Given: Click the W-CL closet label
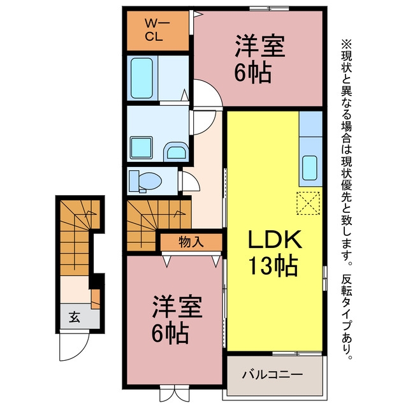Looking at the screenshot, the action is coord(157,30).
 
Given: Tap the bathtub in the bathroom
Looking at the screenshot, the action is coord(142,78).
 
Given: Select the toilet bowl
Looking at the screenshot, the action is coord(149,180).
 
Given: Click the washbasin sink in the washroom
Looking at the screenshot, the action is coord(176,152).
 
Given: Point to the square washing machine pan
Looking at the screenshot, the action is coord(142,147).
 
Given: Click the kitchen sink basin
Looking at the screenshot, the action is coord(310,168).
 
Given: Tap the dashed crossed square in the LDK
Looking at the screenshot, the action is coord(309,203).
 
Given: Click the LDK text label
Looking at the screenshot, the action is coord(275,239).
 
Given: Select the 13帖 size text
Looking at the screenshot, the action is coord(273,266).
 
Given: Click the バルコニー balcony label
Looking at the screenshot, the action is coord(272,375).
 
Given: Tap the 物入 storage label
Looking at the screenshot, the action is coord(191,242).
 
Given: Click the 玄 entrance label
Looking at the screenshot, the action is coord(75,317).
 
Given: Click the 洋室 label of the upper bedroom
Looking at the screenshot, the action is coord(260,47).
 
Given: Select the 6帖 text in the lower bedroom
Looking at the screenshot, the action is coord(170,333).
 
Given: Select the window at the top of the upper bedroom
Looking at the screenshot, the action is coord(269,9).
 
